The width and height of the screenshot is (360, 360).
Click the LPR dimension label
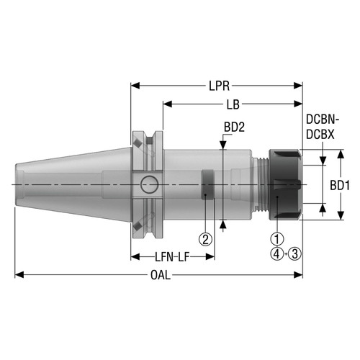[x=217, y=85]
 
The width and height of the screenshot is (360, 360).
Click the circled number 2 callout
[x=206, y=238]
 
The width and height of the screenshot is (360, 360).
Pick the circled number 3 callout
[x=294, y=253]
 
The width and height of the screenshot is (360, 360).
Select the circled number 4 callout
[x=275, y=253]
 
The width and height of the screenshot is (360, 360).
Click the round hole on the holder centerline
[x=149, y=185]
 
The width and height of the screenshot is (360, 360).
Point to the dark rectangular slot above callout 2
[x=207, y=184]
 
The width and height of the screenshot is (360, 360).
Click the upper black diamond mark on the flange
[x=135, y=144]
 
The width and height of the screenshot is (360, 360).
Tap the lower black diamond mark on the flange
[x=135, y=226]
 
